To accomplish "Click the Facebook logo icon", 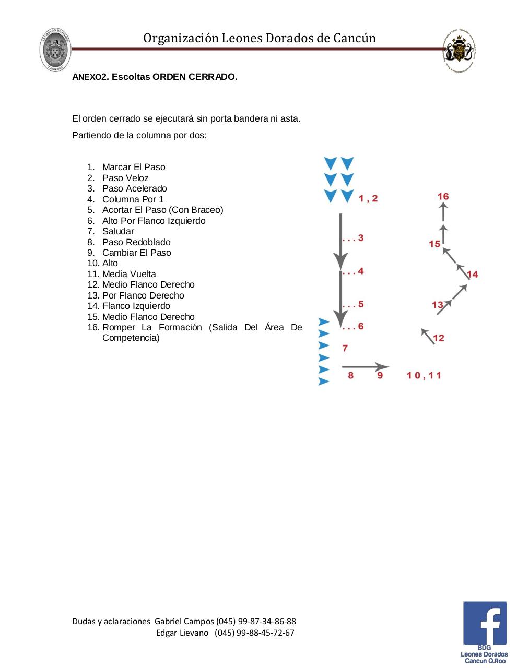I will coord(485,623).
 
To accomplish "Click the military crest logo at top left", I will coord(55,50).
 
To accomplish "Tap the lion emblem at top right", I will coord(459,51).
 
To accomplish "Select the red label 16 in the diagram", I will coord(443,196).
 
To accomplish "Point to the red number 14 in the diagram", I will coord(472,274).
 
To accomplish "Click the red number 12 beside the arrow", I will coord(439,338).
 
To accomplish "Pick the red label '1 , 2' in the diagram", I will coord(368,199).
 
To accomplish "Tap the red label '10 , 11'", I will coord(424,375).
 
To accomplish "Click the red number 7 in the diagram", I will coord(345,348).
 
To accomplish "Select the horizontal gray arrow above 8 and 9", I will coord(366,367).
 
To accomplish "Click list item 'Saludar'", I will coord(118,231).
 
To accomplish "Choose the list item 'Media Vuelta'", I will coord(129,274).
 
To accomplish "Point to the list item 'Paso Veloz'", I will coord(125,178).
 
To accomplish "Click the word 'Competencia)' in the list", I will coord(131,338).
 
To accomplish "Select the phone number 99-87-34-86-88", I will coord(266,621).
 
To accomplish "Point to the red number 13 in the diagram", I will coord(438,305).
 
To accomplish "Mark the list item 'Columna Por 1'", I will coord(133,199).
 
